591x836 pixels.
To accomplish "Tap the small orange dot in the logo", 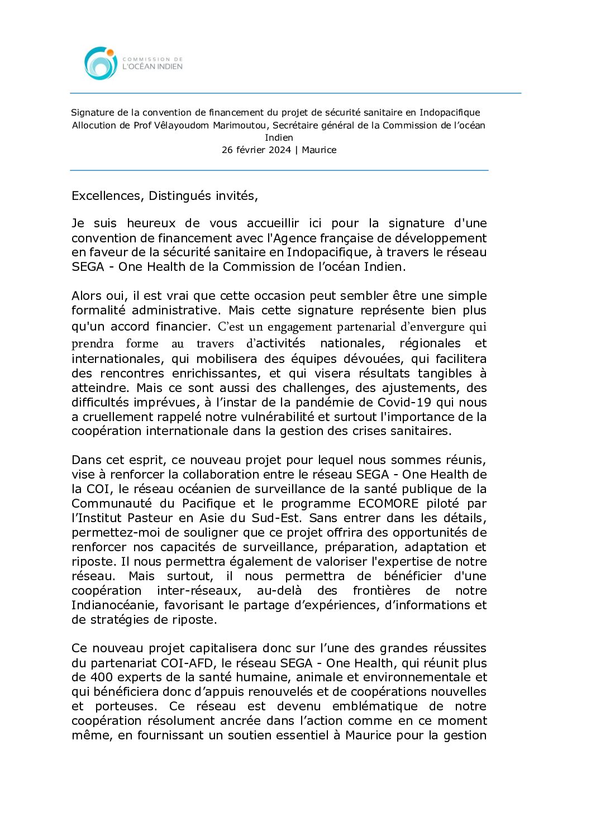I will (110, 53).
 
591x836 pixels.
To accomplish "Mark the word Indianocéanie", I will (116, 605).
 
